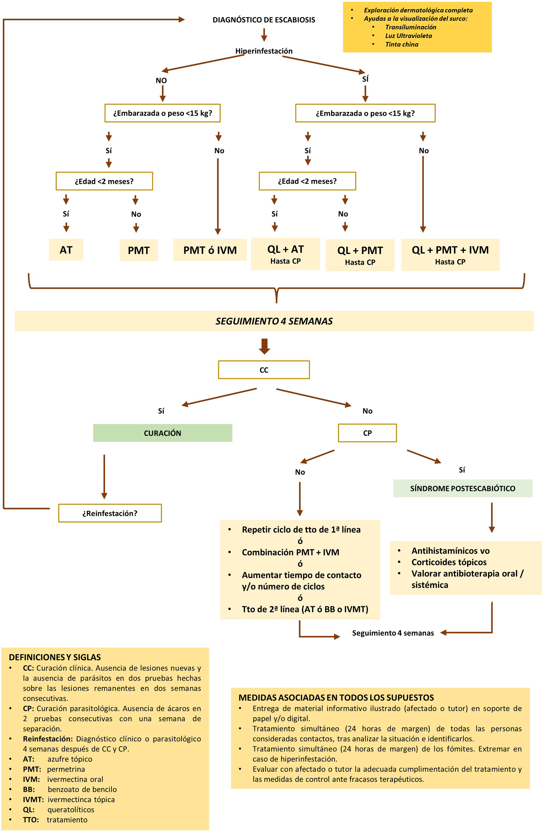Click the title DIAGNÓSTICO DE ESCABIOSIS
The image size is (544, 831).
pos(264,20)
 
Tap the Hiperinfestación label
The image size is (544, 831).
pos(264,51)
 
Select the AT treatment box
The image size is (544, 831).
pos(66,250)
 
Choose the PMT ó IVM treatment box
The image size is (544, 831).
pos(210,250)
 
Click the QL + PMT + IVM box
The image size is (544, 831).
pos(450,254)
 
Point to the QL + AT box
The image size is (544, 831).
pos(285,254)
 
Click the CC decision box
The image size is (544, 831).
pos(264,370)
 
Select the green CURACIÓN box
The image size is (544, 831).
pos(163,433)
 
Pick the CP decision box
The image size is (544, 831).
pos(367,433)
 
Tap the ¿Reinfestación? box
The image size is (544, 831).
pos(110,513)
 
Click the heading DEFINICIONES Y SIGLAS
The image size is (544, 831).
pos(55,658)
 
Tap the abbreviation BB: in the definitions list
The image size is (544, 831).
pos(29,789)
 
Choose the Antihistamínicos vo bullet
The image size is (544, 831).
pos(450,551)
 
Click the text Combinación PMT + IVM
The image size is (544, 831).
pos(290,552)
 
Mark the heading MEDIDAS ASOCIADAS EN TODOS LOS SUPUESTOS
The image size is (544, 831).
pos(336,698)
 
